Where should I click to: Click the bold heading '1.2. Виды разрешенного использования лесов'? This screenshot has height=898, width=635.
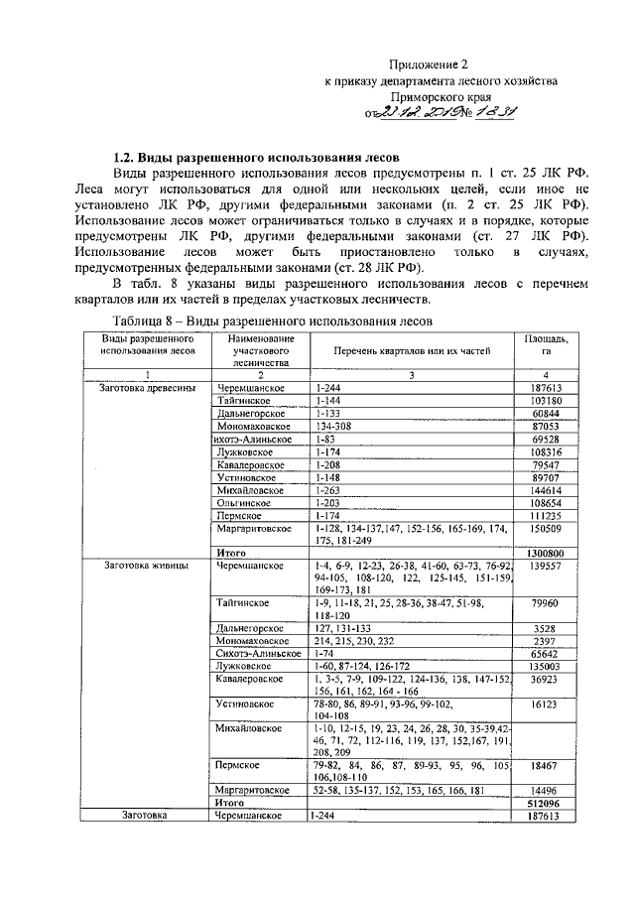[x=256, y=157]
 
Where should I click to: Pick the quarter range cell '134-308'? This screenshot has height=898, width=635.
[x=331, y=426]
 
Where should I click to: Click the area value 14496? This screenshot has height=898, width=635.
[x=549, y=790]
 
